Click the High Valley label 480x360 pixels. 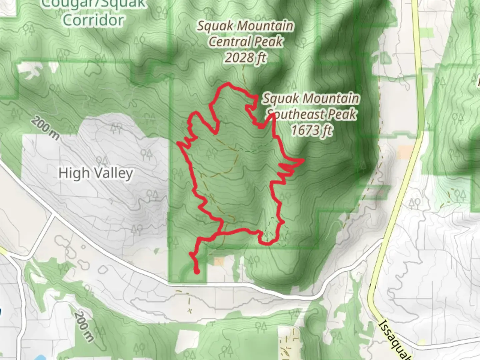point(96,173)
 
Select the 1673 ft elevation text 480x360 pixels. point(312,130)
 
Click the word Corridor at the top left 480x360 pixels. point(93,20)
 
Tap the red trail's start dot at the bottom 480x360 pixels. point(197,272)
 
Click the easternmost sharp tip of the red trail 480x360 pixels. point(303,160)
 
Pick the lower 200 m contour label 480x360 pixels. point(83,327)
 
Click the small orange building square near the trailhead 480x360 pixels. point(219,262)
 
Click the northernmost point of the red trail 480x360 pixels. point(228,83)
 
